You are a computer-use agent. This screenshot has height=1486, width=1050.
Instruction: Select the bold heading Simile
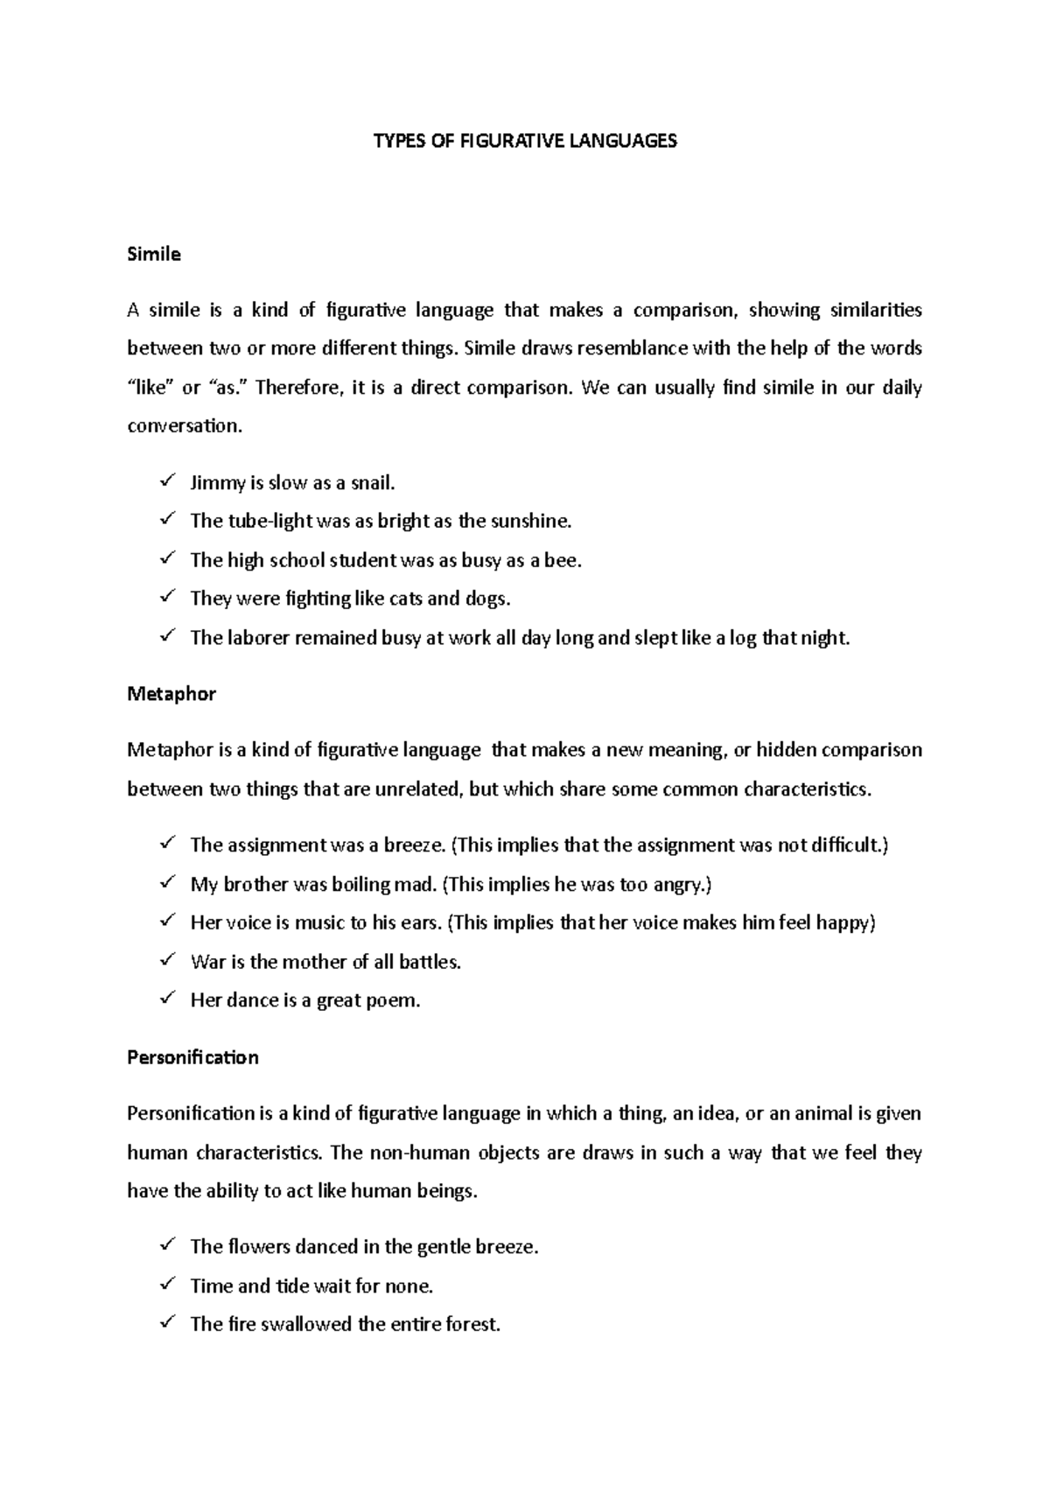pyautogui.click(x=154, y=255)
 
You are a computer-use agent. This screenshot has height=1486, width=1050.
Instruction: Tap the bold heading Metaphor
pyautogui.click(x=171, y=694)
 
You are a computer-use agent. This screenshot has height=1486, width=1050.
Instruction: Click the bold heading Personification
pyautogui.click(x=192, y=1057)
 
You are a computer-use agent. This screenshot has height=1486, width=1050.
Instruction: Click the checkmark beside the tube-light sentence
pyautogui.click(x=167, y=520)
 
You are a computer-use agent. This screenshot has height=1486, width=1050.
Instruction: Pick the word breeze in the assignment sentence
pyautogui.click(x=416, y=845)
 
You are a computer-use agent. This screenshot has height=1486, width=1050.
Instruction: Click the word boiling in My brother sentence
pyautogui.click(x=360, y=885)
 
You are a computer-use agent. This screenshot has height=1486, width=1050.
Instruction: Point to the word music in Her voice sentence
pyautogui.click(x=320, y=923)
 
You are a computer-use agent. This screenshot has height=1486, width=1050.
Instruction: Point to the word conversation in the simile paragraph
pyautogui.click(x=182, y=427)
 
